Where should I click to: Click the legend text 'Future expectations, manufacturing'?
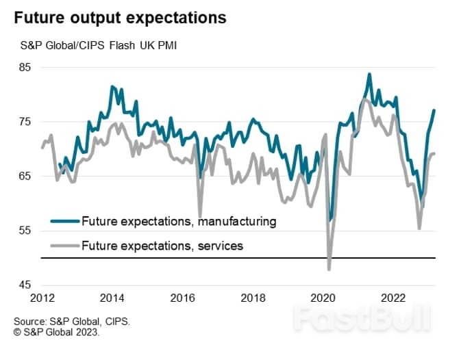(x=178, y=221)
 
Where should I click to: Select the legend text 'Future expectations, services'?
(x=162, y=245)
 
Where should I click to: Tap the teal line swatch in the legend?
(x=64, y=221)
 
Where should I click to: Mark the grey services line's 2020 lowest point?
(x=329, y=270)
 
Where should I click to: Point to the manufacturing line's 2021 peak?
(x=369, y=74)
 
